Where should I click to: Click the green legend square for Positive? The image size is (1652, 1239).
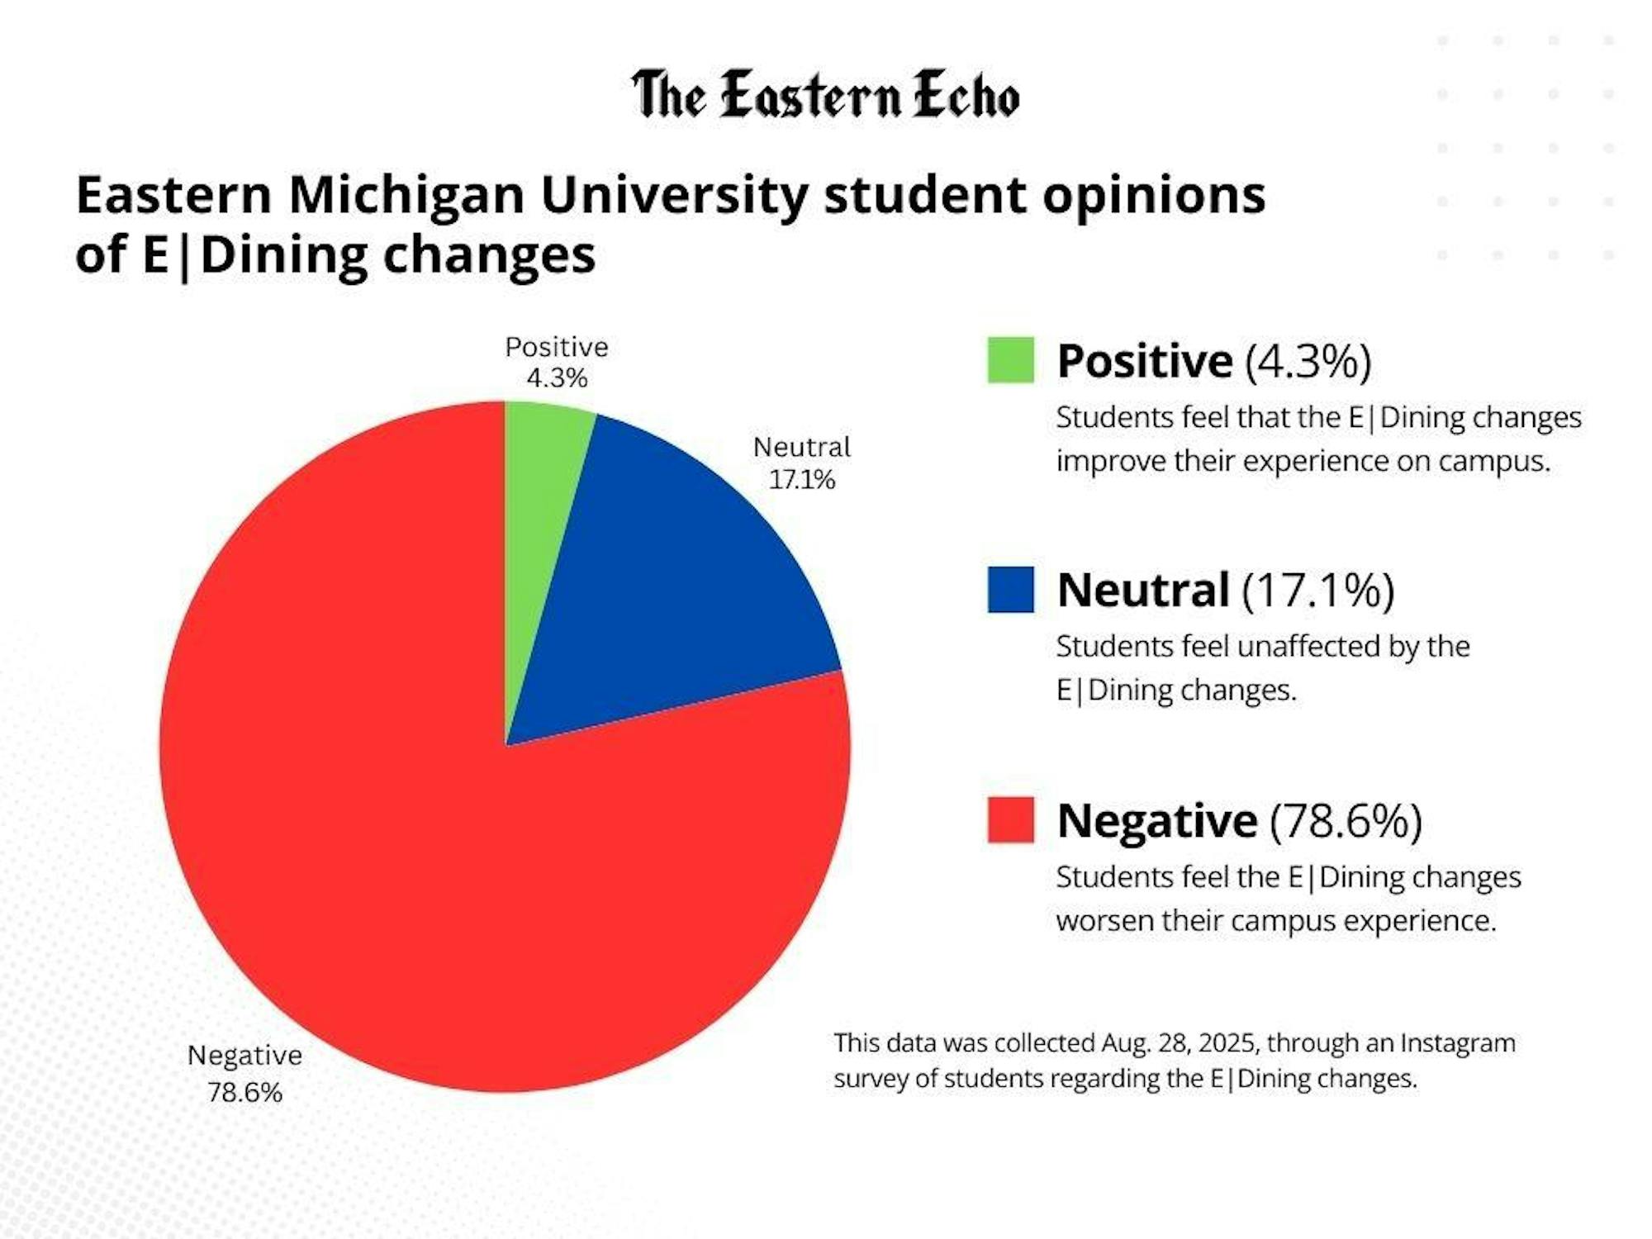pos(1010,360)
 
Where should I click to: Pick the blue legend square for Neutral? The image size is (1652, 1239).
pos(1010,590)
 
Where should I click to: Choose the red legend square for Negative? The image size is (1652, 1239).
pos(1010,819)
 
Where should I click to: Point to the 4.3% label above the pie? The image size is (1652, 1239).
pos(557,378)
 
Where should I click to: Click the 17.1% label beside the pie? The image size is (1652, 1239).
pos(801,480)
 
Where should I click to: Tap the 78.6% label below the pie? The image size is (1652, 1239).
pos(244,1092)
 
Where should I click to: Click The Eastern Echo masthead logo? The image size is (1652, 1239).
pos(825,95)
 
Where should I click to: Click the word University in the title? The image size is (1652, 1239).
pos(674,195)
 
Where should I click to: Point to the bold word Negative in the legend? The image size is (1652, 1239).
pos(1156,821)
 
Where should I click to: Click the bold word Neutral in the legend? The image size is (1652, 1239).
pos(1143,591)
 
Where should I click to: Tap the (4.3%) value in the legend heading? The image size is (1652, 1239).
pos(1308,361)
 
